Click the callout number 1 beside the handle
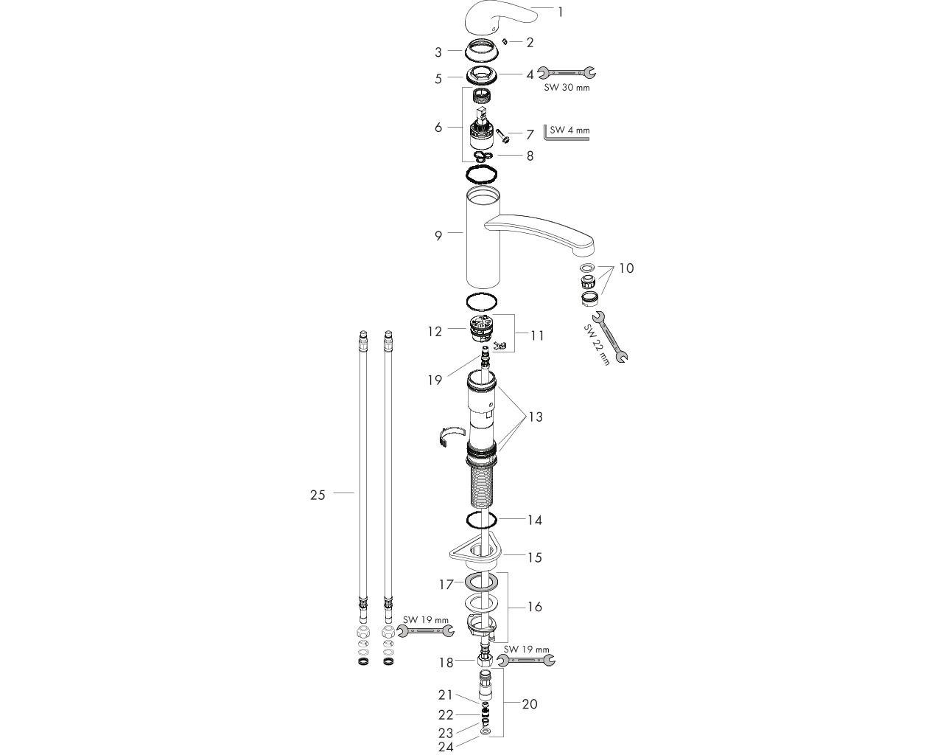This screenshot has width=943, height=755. click(560, 12)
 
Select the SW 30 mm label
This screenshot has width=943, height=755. click(567, 87)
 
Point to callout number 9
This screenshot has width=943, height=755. click(438, 236)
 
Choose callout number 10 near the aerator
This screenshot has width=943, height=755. click(626, 268)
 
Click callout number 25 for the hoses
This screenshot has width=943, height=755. click(318, 495)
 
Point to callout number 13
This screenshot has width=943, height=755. click(535, 417)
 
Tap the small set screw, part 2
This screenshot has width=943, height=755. click(505, 41)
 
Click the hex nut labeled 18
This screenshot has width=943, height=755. click(484, 662)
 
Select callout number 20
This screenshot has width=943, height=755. click(530, 704)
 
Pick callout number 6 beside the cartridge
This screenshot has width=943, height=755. click(438, 128)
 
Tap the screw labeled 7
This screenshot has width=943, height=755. click(502, 136)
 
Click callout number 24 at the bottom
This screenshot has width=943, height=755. click(446, 747)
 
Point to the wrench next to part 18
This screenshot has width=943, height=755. click(526, 660)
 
